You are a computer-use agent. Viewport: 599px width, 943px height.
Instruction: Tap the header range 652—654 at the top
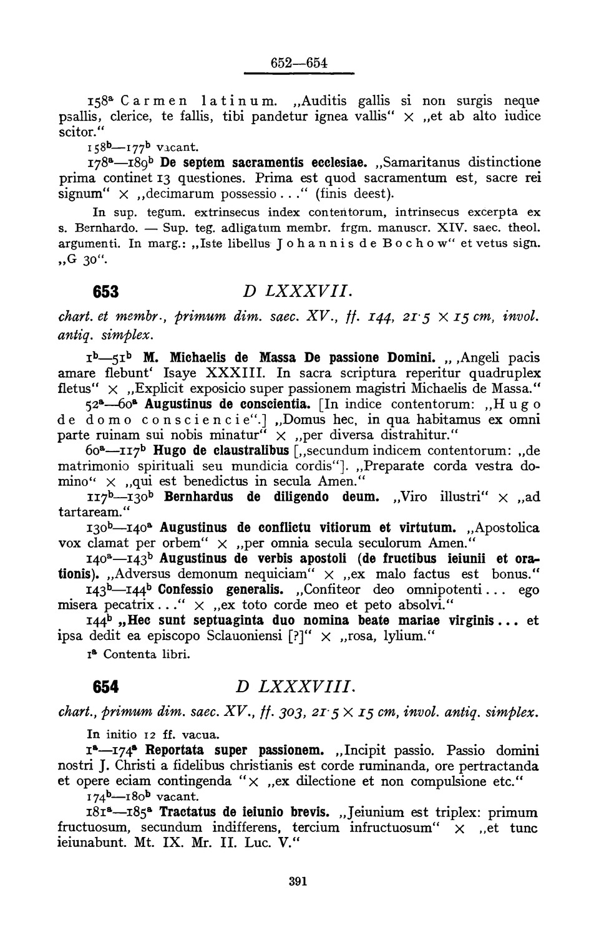299,63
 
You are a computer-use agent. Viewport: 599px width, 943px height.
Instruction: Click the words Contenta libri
146,654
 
